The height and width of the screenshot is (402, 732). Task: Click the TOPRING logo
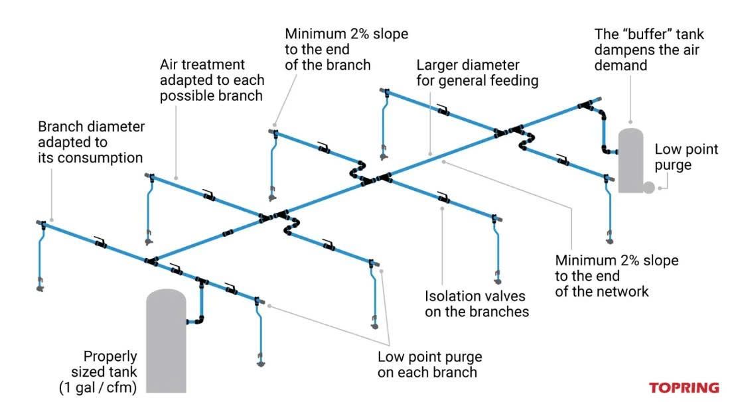pos(683,387)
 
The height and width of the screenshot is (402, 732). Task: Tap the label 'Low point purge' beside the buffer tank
pos(686,157)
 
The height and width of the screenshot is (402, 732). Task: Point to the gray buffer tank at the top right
pos(630,159)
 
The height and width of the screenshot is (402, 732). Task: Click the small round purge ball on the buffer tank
pos(648,188)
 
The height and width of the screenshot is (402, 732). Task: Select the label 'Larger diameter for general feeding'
pos(476,74)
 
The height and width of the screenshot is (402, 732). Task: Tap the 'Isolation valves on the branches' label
pos(476,303)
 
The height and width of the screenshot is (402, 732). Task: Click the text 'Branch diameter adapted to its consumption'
pos(91,142)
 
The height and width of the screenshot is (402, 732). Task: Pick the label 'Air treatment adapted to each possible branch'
pos(212,80)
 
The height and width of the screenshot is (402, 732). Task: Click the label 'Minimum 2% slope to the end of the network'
pos(616,275)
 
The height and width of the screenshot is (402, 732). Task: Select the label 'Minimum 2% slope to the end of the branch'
pos(346,49)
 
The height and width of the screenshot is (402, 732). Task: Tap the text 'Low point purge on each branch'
pos(429,364)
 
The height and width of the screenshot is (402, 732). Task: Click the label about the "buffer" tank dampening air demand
pos(648,49)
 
